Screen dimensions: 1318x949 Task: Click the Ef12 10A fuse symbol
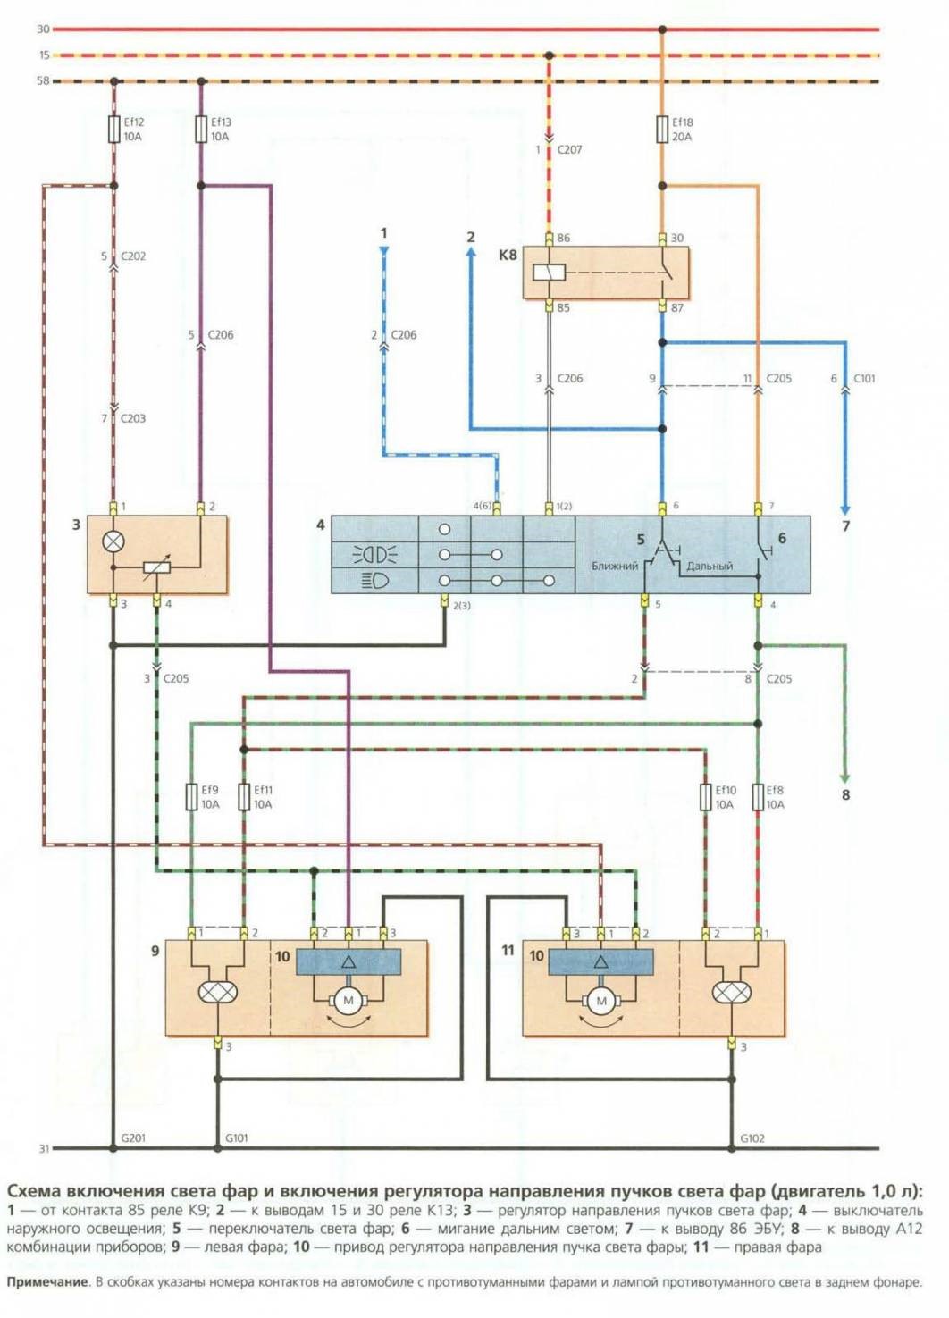tap(113, 130)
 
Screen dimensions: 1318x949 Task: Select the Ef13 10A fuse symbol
tap(201, 130)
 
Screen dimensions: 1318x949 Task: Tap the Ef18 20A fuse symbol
tap(662, 130)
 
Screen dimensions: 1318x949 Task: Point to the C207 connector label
tap(569, 150)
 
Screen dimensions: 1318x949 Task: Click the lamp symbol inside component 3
tap(113, 541)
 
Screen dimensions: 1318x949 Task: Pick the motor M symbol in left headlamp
tap(349, 1001)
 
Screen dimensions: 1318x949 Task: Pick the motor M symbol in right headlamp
tap(600, 1001)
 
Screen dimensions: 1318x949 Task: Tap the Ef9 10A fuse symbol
tap(191, 797)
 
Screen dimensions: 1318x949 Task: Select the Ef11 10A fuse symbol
tap(244, 797)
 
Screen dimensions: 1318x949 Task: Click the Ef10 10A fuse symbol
tap(705, 797)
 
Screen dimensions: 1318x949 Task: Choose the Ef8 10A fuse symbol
tap(758, 797)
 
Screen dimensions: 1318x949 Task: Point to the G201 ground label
tap(133, 1138)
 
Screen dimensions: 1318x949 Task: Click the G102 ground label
tap(752, 1138)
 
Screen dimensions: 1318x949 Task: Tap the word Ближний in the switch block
tap(615, 567)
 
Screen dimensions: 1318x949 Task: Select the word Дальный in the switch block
tap(710, 567)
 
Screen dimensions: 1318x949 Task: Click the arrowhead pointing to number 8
tap(844, 779)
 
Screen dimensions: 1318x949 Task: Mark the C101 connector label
tap(864, 379)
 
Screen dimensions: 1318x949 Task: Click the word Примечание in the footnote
tap(47, 1282)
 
